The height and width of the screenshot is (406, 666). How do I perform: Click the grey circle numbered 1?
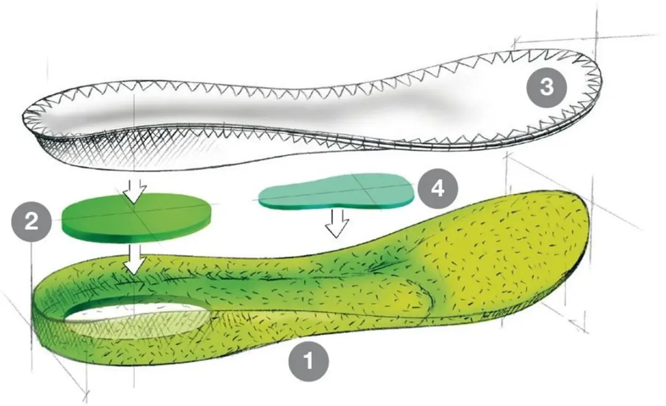pyautogui.click(x=308, y=361)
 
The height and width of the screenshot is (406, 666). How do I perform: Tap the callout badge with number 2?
pyautogui.click(x=31, y=221)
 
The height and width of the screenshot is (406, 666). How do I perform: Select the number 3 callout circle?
pyautogui.click(x=546, y=87)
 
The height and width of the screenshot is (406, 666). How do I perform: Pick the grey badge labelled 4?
pyautogui.click(x=438, y=187)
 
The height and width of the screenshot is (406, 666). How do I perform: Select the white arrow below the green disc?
pyautogui.click(x=134, y=259)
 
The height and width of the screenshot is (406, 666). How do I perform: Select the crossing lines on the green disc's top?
pyautogui.click(x=134, y=211)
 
